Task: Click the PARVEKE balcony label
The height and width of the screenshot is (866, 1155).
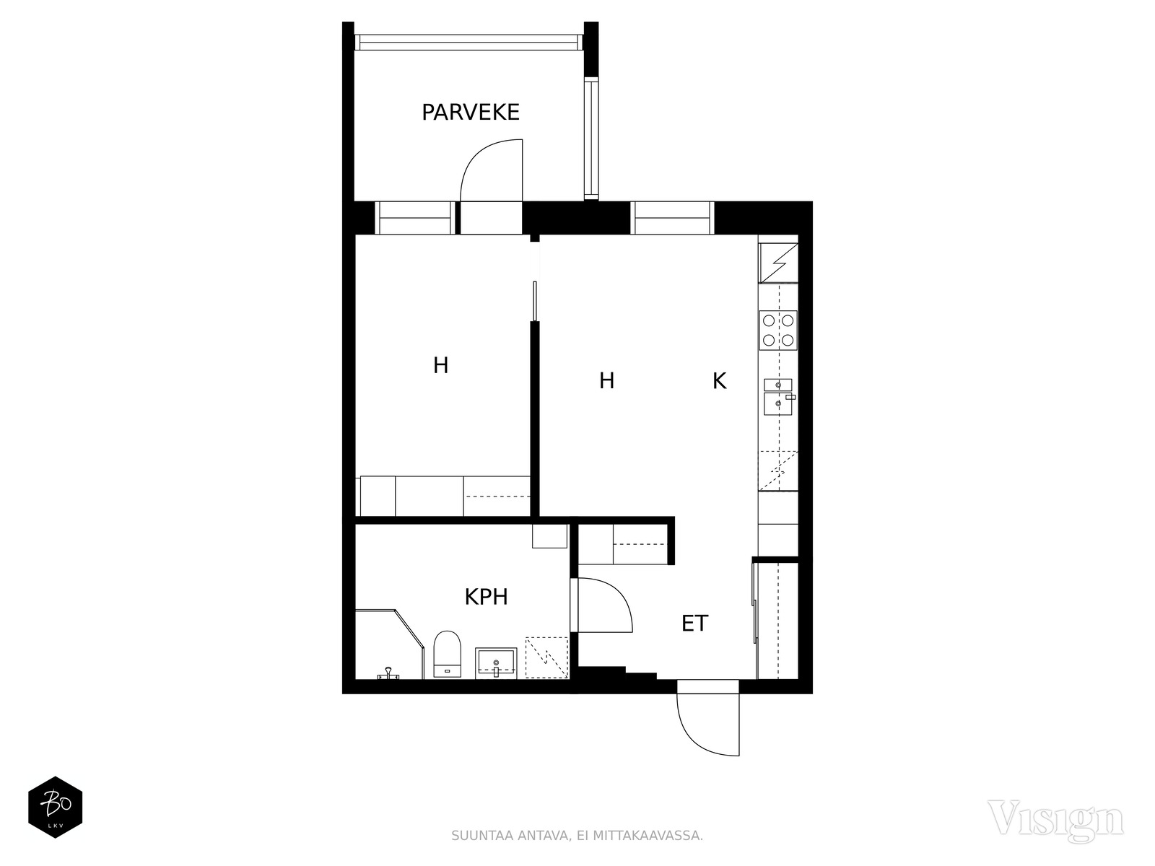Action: (x=471, y=113)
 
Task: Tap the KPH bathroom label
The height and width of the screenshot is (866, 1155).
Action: (x=487, y=597)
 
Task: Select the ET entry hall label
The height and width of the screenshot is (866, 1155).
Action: (x=694, y=623)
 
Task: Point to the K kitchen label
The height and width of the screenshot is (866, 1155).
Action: (x=719, y=381)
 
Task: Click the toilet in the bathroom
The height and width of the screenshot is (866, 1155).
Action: (x=447, y=654)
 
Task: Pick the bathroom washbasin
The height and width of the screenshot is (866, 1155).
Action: (x=496, y=662)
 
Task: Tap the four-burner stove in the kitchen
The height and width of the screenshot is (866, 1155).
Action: (x=777, y=331)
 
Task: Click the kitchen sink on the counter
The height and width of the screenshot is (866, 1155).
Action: (x=778, y=396)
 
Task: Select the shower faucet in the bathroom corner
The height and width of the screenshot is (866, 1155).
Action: (x=388, y=673)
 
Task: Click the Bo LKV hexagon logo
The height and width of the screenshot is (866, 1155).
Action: (x=56, y=807)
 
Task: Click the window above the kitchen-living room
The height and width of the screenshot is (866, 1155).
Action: (x=672, y=218)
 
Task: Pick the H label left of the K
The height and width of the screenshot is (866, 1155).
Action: (x=606, y=380)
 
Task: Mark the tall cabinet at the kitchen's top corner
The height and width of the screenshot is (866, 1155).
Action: (x=778, y=263)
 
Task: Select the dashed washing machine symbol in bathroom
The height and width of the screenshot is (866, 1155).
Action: (x=546, y=657)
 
